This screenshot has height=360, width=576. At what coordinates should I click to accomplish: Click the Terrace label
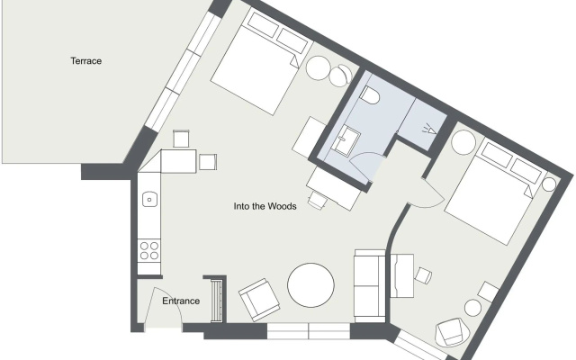[86, 61]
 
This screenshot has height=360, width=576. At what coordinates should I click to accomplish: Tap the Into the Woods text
[265, 206]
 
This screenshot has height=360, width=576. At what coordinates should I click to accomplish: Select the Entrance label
[181, 301]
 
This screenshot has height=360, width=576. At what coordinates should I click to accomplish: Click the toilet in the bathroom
[370, 95]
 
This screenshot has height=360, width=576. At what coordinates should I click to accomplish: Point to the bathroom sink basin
[346, 139]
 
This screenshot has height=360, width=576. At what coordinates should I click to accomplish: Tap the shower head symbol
[429, 130]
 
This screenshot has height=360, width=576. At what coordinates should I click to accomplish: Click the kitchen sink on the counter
[149, 199]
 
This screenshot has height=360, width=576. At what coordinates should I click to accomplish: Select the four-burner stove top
[149, 250]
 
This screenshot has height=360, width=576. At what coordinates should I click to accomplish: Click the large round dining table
[310, 285]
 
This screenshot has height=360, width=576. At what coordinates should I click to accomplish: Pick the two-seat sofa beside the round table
[370, 286]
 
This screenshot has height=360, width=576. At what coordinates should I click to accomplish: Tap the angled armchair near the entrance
[259, 300]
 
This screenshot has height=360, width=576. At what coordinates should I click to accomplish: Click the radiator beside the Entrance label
[217, 301]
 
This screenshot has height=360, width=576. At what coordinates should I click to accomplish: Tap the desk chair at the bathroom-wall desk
[317, 200]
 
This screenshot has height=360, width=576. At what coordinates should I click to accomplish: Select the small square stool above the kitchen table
[181, 139]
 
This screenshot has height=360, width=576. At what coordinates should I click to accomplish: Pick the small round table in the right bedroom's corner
[549, 184]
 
